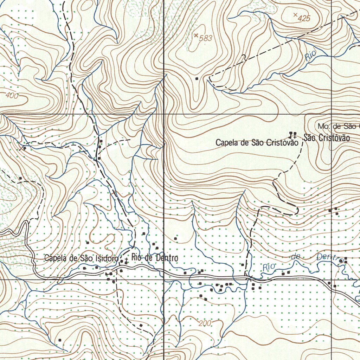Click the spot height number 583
[206, 38]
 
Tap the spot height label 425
[304, 19]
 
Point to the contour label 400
[12, 95]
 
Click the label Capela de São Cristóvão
[257, 143]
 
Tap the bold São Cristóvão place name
[327, 138]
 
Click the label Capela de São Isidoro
[81, 258]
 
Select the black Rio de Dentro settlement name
[155, 258]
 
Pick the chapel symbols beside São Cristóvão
[292, 134]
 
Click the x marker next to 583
[196, 35]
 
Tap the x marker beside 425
[295, 14]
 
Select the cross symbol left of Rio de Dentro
[126, 261]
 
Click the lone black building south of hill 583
[197, 78]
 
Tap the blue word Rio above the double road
[270, 267]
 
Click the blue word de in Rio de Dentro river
[295, 257]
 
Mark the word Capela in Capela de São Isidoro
[55, 258]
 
